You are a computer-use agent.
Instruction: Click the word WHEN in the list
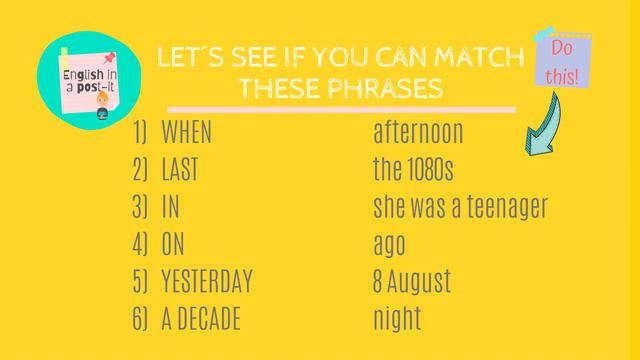point(186,132)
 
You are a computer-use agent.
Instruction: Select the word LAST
point(179,170)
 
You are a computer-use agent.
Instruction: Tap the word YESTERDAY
point(207,282)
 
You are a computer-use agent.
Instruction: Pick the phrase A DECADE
point(201,319)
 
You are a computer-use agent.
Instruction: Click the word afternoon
point(418,132)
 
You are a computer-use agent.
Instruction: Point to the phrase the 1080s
point(413,170)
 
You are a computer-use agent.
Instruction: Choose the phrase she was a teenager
point(460,207)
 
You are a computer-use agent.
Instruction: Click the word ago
point(389,245)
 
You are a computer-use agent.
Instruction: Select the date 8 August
point(412,282)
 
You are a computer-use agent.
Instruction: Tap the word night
point(397,319)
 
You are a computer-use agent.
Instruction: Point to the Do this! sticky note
point(560,62)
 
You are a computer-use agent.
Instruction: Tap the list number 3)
point(139,207)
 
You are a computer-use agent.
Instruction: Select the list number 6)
point(139,319)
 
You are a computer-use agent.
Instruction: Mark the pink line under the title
point(340,108)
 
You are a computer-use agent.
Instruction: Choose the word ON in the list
point(173,245)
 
